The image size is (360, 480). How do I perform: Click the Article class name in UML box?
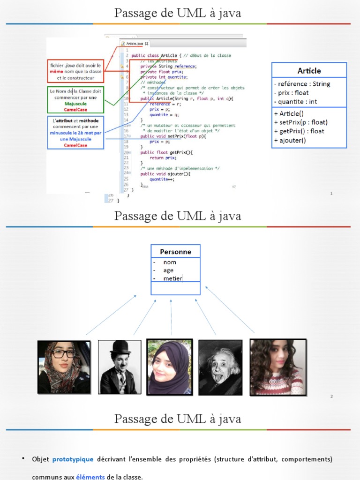pos(309,71)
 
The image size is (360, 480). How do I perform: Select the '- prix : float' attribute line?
pos(291,93)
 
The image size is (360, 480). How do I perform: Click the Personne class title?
pos(175,252)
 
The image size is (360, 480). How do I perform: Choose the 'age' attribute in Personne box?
pos(168,270)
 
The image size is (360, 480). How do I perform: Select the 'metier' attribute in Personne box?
pos(172,278)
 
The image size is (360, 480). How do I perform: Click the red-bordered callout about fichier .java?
pos(75,72)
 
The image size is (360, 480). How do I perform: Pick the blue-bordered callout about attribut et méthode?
pos(75,133)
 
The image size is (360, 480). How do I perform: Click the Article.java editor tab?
pos(134,44)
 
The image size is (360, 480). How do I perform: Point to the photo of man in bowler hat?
pos(120,367)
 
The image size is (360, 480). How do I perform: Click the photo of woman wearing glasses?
pos(64,367)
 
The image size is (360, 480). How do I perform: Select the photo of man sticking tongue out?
pos(220,367)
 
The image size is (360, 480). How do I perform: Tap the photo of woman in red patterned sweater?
pos(277,367)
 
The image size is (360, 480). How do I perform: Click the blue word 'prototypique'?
pos(73,459)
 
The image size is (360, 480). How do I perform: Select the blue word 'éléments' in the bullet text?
pos(90,477)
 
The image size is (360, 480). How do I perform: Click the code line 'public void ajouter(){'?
pos(165,173)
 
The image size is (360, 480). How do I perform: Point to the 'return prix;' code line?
pos(163,157)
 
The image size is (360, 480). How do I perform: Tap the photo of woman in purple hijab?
pos(169,367)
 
